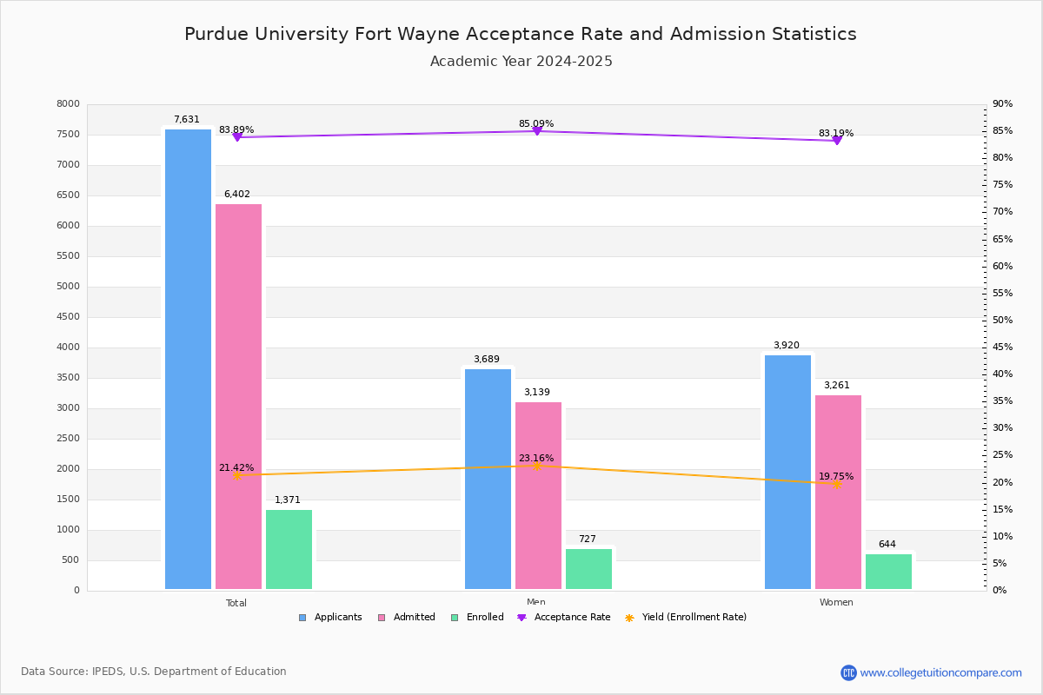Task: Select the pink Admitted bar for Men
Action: [x=538, y=495]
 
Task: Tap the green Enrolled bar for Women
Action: [x=888, y=571]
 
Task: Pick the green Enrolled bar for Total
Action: [x=289, y=549]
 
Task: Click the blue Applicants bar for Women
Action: [x=787, y=472]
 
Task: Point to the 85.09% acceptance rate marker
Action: [x=536, y=131]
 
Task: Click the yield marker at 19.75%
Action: [x=836, y=484]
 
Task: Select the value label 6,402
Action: [x=236, y=195]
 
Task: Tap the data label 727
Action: [x=588, y=539]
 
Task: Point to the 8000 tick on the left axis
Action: [x=69, y=104]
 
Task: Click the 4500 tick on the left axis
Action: [x=69, y=317]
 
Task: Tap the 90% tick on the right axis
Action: [x=1002, y=104]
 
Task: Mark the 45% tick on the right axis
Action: [x=1002, y=347]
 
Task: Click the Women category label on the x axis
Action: [x=836, y=603]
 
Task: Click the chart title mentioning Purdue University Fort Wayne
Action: [x=521, y=35]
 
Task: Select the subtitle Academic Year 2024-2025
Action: [x=521, y=62]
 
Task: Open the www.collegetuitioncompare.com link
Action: [x=940, y=672]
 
